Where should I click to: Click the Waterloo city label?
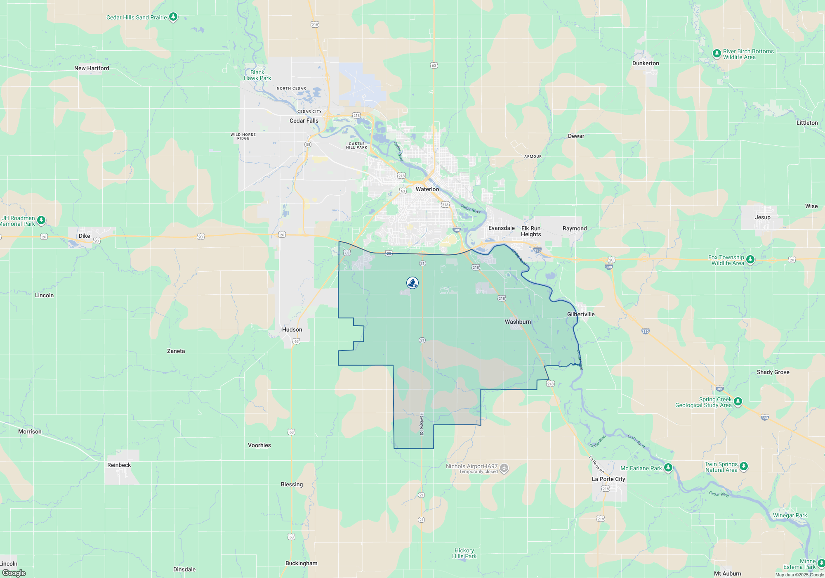tap(427, 189)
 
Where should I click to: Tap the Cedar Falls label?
tap(304, 121)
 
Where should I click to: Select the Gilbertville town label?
tap(581, 314)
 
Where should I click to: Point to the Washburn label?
tap(518, 322)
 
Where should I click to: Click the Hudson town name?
tap(292, 329)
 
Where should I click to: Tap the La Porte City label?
tap(608, 479)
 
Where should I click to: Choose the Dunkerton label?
tap(646, 63)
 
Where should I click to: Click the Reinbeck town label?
tap(119, 465)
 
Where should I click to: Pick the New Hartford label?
tap(92, 68)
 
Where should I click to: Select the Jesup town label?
tap(762, 217)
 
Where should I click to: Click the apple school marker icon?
tap(412, 283)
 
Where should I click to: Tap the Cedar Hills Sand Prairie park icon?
tap(174, 17)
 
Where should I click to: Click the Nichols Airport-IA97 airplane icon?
tap(504, 468)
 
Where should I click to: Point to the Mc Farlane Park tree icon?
tap(668, 468)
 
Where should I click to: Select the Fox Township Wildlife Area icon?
tap(750, 260)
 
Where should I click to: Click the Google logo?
tap(14, 573)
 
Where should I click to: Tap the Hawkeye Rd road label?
tap(422, 424)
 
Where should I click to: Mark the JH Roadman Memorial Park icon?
tap(41, 220)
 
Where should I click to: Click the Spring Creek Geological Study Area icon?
tap(738, 401)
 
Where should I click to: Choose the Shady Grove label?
tap(773, 372)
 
